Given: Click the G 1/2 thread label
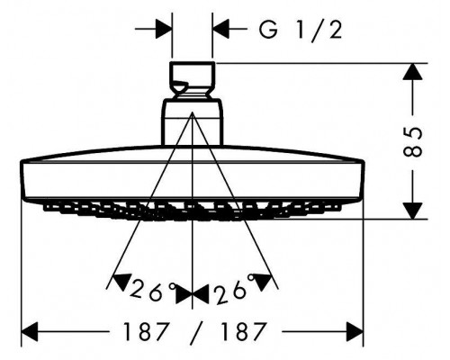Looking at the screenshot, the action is tap(301, 31).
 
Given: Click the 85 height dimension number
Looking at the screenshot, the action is tap(413, 142).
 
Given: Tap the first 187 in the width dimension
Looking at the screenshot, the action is tap(145, 331).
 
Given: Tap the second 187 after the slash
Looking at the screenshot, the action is tap(243, 331).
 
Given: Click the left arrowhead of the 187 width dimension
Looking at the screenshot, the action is tap(30, 332).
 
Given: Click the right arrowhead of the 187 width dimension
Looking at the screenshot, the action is tap(355, 332).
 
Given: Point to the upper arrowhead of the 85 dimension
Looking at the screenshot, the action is tap(413, 72).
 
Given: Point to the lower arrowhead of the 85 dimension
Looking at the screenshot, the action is tap(413, 211).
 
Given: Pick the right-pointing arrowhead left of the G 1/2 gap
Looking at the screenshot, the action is tap(164, 30).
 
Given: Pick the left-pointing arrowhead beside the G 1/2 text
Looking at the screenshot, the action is tap(220, 30).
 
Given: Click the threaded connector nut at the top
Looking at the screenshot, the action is tap(193, 79).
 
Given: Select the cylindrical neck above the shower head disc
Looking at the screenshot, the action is tap(193, 122).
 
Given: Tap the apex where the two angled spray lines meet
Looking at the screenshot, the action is tap(193, 112).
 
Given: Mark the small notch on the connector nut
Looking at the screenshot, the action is tap(181, 85).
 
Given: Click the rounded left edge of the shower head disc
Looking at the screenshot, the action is tap(22, 180).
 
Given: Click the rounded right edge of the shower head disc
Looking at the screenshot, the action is tap(362, 180).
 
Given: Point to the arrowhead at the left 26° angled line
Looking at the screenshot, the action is tap(122, 281).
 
